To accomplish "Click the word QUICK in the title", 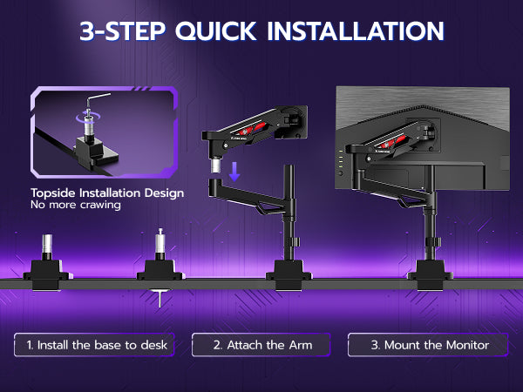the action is pos(216,31).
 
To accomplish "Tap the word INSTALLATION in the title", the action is pos(356,31).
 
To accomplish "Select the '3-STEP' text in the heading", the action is pos(123,31).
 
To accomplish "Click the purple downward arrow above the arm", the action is pos(234,172).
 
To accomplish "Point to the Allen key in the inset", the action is pos(98,98).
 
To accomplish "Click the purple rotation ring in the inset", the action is pos(88,117).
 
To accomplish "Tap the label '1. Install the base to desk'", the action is pos(97,345).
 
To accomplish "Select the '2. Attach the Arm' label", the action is pos(263,345).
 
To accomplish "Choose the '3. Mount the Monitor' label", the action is pos(431,345).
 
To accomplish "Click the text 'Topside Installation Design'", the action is pos(107,193).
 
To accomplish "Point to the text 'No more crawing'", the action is pos(76,205).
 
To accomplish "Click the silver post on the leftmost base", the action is pos(47,244).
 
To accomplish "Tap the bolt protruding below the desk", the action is pos(160,299).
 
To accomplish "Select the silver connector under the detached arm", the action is pos(216,166).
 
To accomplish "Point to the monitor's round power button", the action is pos(341,173).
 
